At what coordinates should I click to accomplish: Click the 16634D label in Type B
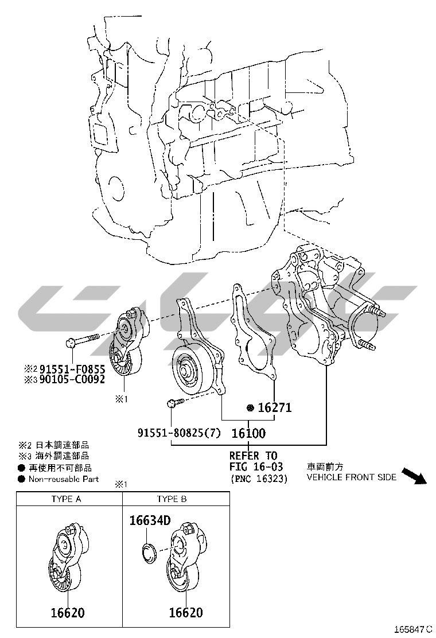pyautogui.click(x=150, y=521)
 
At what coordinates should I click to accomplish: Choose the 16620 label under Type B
pyautogui.click(x=185, y=613)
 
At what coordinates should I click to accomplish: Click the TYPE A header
pyautogui.click(x=67, y=499)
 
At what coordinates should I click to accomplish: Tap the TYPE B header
pyautogui.click(x=172, y=499)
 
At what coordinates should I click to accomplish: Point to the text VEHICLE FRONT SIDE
pyautogui.click(x=351, y=477)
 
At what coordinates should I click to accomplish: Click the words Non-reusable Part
pyautogui.click(x=64, y=479)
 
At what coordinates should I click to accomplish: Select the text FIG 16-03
pyautogui.click(x=256, y=467)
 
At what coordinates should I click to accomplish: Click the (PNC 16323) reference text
pyautogui.click(x=258, y=478)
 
